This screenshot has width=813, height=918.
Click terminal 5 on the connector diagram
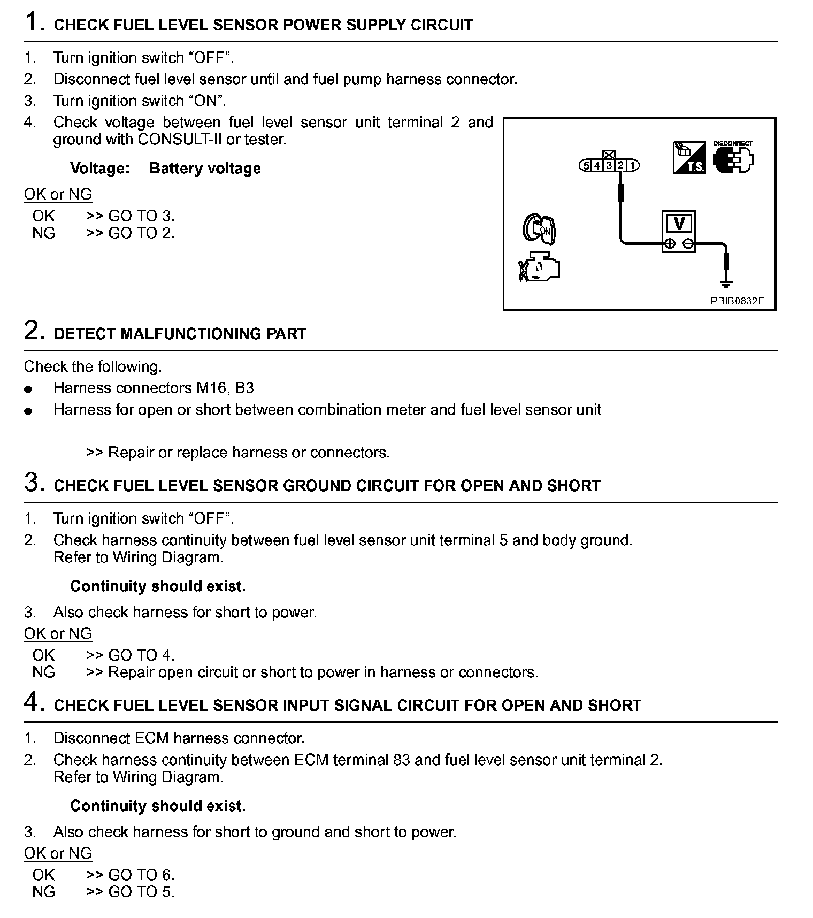tap(586, 166)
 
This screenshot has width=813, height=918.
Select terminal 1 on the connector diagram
tap(632, 166)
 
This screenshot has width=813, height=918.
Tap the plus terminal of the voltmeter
tap(669, 244)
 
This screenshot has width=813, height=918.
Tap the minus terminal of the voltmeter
tap(689, 244)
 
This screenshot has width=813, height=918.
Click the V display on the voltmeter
tap(679, 223)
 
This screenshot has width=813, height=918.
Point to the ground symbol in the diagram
tap(726, 284)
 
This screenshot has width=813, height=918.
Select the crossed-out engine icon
tap(539, 266)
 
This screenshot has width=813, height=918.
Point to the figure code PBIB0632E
tap(737, 301)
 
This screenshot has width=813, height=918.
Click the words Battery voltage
tap(205, 169)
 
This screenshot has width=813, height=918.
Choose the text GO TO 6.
tap(141, 875)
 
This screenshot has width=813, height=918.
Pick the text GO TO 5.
tap(141, 892)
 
